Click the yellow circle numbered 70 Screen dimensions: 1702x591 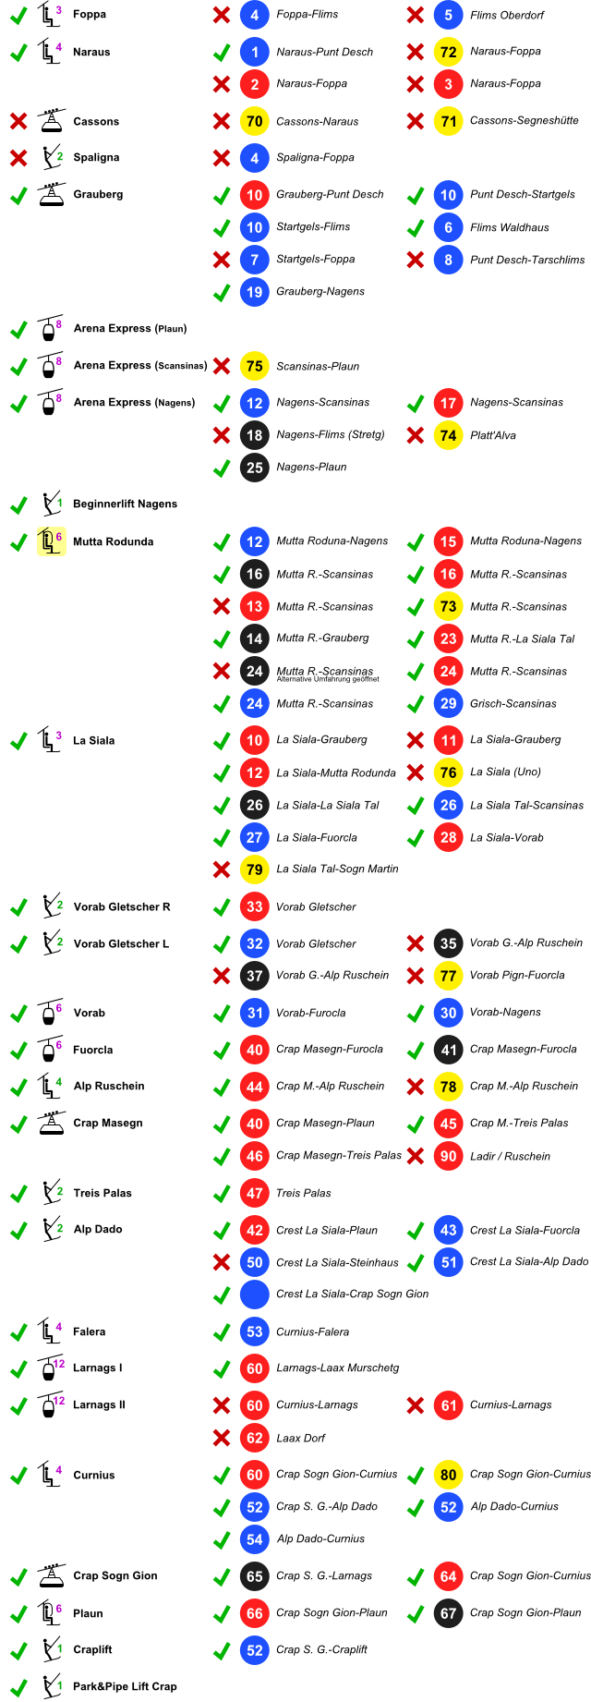(254, 121)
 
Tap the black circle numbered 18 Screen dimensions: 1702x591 (254, 435)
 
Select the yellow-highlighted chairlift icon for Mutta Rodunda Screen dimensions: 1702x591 (50, 541)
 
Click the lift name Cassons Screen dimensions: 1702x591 (95, 122)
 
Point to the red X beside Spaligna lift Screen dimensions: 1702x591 (18, 158)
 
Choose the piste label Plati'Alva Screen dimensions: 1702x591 (492, 435)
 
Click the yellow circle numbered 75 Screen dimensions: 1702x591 (254, 366)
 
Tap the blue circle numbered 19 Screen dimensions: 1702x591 (254, 292)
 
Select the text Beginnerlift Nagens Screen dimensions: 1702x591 (125, 505)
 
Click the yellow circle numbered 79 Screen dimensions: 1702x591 (254, 869)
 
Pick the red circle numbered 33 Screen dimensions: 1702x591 (254, 906)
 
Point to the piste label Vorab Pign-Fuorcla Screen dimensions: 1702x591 (516, 976)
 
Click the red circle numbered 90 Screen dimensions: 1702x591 (448, 1156)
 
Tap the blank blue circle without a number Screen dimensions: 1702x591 (254, 1295)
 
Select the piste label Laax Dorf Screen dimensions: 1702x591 (300, 1438)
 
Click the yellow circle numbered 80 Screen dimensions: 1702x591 (448, 1475)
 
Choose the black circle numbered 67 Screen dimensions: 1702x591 (448, 1613)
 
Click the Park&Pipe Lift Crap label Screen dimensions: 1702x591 (125, 1686)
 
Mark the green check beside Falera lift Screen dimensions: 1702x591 (18, 1332)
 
